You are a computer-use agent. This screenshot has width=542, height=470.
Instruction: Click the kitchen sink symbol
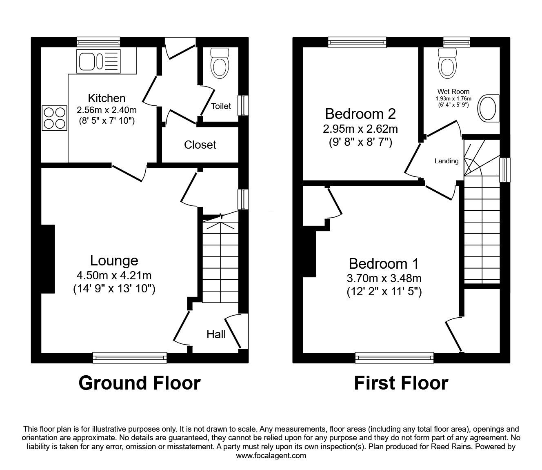(98, 61)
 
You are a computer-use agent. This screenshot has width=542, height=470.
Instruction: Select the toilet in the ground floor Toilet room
(219, 63)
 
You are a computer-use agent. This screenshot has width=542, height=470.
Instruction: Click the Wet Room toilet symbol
(447, 63)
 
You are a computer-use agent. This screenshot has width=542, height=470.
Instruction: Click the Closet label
(200, 145)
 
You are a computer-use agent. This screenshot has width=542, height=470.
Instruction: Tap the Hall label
(216, 334)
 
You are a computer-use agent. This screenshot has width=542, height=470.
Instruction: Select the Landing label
(446, 161)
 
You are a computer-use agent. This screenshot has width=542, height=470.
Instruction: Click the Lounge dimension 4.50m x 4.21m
(114, 276)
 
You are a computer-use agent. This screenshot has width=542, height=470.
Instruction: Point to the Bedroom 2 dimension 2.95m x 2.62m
(360, 129)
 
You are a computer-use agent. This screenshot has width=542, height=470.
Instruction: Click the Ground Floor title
(139, 383)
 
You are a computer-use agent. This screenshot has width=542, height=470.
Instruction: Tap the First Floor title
(401, 383)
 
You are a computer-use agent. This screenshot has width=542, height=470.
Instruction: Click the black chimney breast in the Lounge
(48, 259)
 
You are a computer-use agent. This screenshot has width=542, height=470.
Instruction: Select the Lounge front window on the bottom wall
(130, 358)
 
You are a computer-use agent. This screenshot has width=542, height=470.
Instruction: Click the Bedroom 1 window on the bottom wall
(394, 358)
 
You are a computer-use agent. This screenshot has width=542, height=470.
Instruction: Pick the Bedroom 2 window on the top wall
(357, 41)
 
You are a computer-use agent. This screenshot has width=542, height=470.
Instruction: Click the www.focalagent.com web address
(271, 456)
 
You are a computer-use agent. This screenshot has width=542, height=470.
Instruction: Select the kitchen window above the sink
(98, 41)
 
